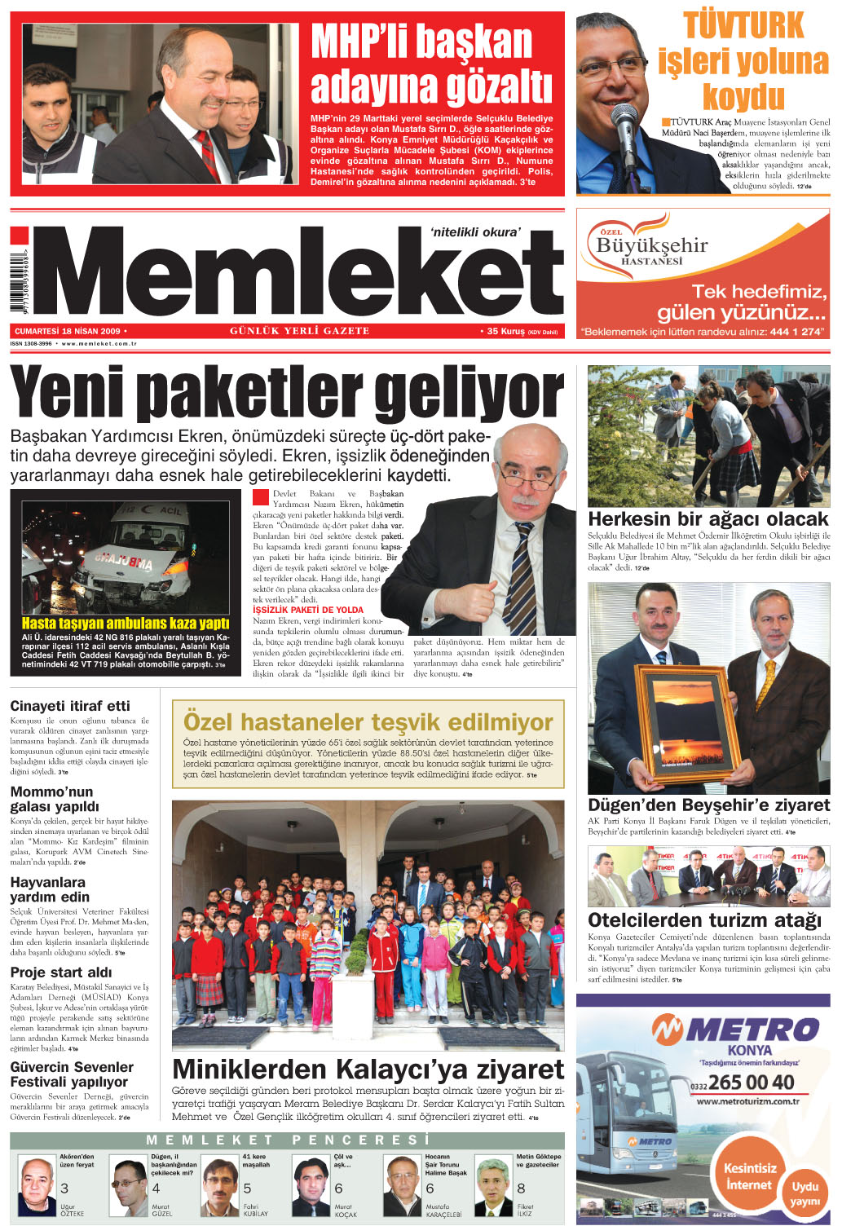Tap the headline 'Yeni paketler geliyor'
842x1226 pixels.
(x=287, y=393)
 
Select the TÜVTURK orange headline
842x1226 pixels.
(x=743, y=61)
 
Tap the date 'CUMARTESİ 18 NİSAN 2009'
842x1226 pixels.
(x=68, y=332)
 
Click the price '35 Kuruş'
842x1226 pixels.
(x=506, y=332)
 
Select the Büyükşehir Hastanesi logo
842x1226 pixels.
(x=652, y=243)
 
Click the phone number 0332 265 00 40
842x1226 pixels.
(x=743, y=1083)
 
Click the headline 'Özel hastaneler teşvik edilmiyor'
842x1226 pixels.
(x=368, y=722)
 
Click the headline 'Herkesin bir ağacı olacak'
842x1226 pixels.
(x=708, y=519)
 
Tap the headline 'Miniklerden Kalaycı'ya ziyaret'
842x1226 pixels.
(x=368, y=1069)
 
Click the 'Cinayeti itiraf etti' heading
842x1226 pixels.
(x=70, y=706)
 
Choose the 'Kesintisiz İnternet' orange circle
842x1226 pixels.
(x=749, y=1176)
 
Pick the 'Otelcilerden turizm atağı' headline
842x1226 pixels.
(x=704, y=920)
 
